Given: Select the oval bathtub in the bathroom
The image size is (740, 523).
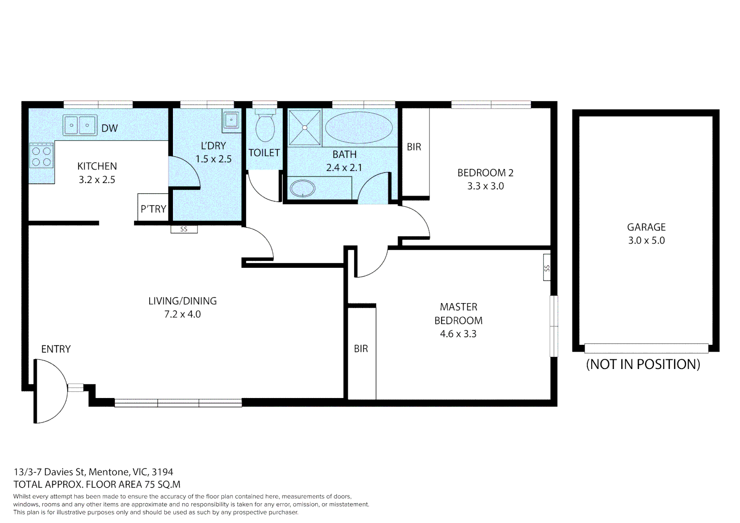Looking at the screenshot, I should coord(359,127).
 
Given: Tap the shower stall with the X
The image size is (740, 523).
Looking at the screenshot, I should coord(305,128).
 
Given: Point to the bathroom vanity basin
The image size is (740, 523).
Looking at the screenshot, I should coord(303,188).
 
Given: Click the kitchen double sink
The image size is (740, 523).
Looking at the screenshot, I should coord(80,125).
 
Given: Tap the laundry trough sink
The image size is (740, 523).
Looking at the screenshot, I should coord(231,120).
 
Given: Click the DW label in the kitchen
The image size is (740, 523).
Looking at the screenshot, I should coord(109,128).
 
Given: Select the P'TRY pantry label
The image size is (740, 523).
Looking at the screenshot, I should coord(153,209).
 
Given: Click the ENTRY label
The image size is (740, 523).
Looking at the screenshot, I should coord(56,349).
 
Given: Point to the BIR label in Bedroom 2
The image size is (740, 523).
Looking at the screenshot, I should coord(414,147).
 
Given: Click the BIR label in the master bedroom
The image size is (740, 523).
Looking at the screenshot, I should coord(361,349).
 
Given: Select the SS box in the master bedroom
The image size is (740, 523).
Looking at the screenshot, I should coord(547,267).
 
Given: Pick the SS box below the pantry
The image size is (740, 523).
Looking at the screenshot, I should coord(184,229).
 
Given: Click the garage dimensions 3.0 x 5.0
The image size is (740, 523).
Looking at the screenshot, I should coord(646,241).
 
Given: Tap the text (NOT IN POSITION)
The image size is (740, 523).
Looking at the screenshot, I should coord(643,364).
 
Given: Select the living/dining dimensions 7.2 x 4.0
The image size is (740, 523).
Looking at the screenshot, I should coord(182,314).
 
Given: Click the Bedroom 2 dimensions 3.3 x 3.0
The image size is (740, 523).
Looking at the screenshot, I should coord(485,186).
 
